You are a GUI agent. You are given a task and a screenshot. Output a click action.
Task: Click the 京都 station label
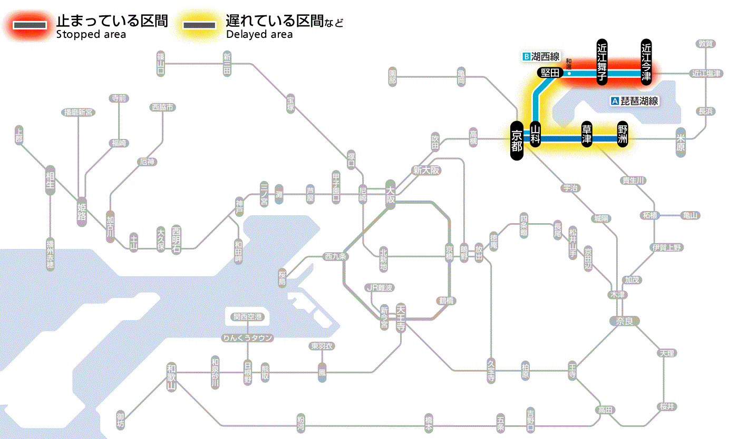click(517, 141)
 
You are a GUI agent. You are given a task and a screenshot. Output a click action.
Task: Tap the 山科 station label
click(535, 135)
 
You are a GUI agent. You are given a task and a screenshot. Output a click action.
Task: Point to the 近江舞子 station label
click(602, 62)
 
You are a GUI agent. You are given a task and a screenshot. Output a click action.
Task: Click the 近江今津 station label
click(646, 62)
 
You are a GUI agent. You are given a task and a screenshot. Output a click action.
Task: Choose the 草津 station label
click(587, 135)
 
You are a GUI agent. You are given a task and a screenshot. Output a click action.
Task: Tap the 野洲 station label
click(623, 135)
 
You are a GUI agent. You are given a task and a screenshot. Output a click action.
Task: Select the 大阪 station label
click(390, 195)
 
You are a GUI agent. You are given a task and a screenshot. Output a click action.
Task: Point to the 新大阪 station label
click(426, 171)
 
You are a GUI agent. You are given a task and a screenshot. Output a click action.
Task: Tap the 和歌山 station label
click(171, 376)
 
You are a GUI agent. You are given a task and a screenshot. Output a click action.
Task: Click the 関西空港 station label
click(248, 317)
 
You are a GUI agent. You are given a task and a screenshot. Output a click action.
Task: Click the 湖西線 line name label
click(541, 56)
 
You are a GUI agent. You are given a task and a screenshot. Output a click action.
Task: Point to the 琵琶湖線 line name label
click(635, 101)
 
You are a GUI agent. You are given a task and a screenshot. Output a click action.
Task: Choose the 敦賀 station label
click(706, 44)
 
